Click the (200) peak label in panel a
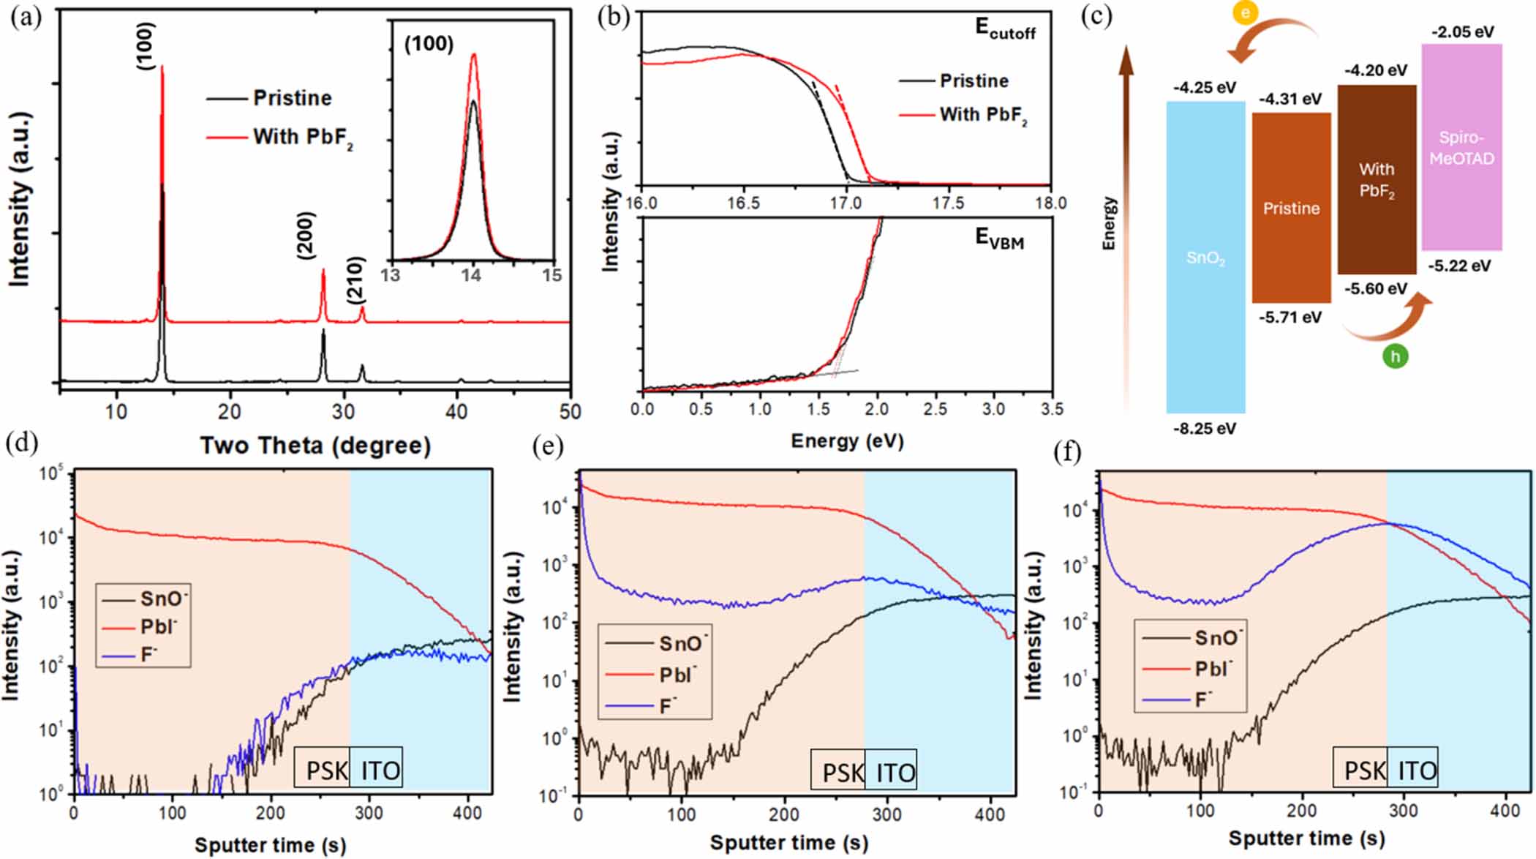[306, 236]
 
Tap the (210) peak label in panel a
[355, 280]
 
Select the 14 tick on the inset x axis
[472, 275]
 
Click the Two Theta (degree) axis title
[315, 446]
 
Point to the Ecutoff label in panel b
[1005, 29]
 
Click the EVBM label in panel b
[999, 239]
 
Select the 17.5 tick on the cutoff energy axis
[948, 203]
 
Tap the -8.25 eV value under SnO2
[1205, 429]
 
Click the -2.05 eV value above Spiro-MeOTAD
[1462, 32]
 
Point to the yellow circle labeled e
[1245, 12]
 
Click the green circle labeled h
[1395, 356]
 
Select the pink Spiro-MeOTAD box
[1461, 146]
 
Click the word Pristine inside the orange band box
[1291, 209]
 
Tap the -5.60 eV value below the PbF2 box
[1375, 289]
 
